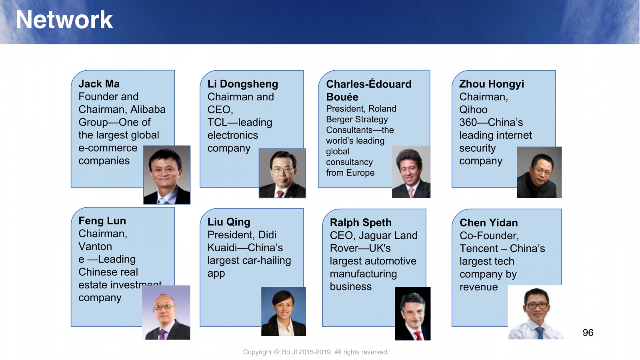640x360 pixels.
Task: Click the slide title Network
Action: point(64,20)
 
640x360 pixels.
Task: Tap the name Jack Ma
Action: point(99,84)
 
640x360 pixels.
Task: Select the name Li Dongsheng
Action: point(242,84)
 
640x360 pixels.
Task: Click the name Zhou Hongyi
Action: point(492,84)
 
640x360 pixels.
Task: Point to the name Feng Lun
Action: point(102,220)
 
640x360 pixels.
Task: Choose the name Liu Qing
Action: point(229,222)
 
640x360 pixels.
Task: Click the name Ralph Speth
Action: point(360,222)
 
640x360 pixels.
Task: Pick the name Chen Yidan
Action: point(488,222)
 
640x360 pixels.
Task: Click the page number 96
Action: point(588,332)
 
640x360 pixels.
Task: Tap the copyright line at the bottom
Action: point(316,352)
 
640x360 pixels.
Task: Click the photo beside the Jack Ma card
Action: point(167,175)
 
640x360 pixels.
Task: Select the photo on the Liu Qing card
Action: point(284,312)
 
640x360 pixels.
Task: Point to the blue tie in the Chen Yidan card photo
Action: point(540,333)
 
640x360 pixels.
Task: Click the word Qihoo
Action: point(474,110)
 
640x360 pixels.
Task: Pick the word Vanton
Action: point(95,246)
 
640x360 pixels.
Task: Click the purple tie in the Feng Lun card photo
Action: point(162,334)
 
